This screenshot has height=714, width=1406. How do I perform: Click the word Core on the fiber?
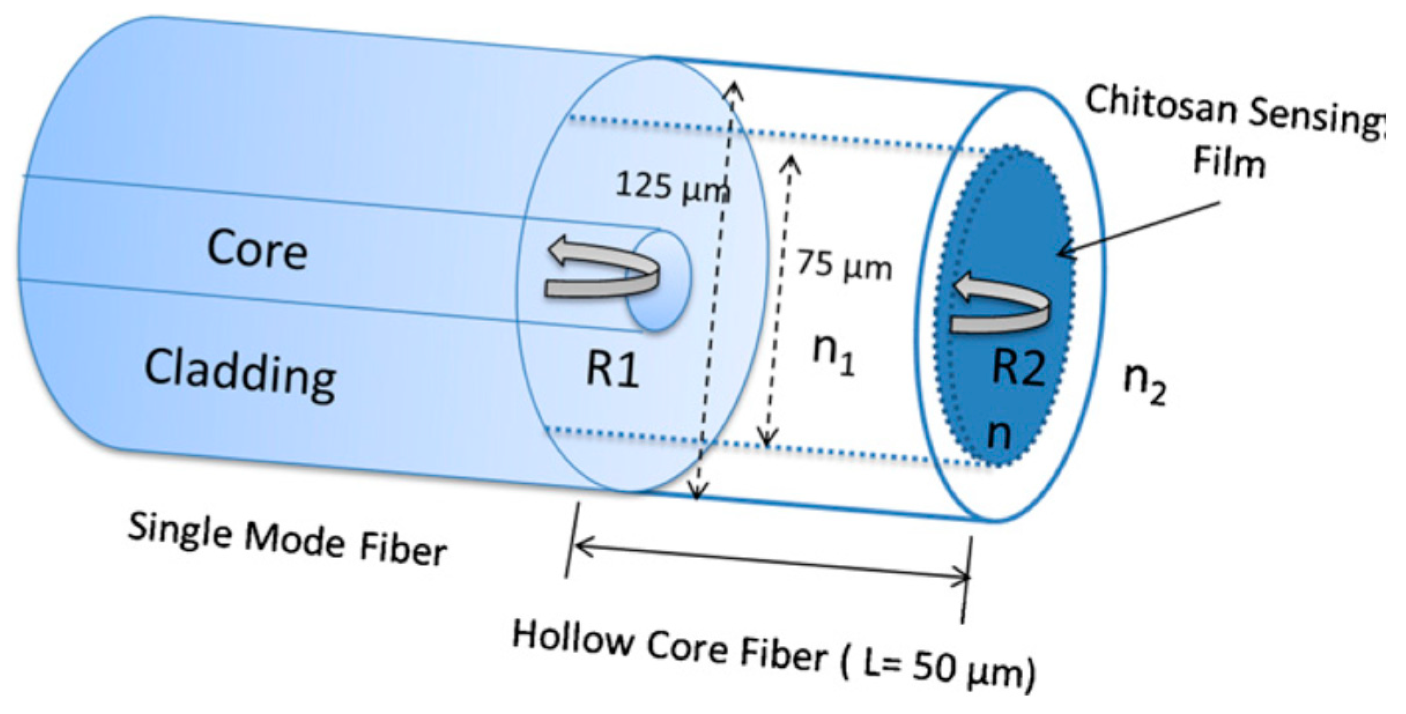coord(257,250)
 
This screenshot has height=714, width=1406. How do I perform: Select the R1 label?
coord(613,369)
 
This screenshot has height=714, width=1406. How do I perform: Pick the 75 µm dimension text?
coord(844,266)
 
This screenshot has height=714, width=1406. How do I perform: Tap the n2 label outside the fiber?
coord(1144,384)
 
